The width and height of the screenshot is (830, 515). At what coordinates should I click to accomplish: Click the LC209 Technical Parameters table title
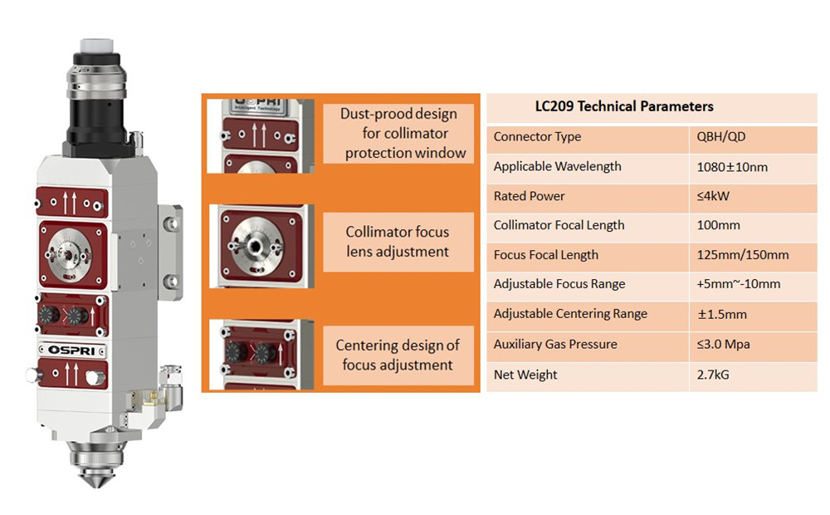pos(624,106)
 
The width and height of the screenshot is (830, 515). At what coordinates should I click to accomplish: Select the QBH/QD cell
pos(721,137)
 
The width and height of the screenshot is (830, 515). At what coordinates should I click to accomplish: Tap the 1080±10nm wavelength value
pos(732,167)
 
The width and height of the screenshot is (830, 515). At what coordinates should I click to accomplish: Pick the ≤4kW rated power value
pos(713,196)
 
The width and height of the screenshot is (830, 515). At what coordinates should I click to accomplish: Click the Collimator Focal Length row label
pos(559,225)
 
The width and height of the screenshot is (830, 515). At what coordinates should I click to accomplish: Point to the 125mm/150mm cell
pos(743,255)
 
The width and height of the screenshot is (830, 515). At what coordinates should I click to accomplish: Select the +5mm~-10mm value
pos(739,284)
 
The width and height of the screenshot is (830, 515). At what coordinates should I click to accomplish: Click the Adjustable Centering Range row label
pos(570,314)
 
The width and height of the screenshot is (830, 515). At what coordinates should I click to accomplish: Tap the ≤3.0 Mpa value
pos(723,345)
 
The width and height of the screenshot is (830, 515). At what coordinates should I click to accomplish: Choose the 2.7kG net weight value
pos(712,375)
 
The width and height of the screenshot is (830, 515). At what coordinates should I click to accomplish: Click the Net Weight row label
pos(525,375)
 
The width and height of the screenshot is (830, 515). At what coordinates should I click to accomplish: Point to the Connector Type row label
pos(537,137)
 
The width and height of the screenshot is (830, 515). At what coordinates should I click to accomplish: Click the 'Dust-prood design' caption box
pos(398,133)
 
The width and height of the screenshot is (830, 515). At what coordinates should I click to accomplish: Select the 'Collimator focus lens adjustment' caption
pos(398,243)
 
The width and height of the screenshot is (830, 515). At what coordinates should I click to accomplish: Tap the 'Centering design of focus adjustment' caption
pos(398,355)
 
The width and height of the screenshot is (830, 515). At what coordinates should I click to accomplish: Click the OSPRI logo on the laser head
pos(72,351)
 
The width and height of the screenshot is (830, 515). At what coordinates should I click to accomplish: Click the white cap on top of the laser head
pos(95,46)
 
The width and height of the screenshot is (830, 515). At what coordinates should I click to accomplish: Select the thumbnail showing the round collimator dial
pos(261,247)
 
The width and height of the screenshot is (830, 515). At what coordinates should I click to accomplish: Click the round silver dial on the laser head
pos(69,255)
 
